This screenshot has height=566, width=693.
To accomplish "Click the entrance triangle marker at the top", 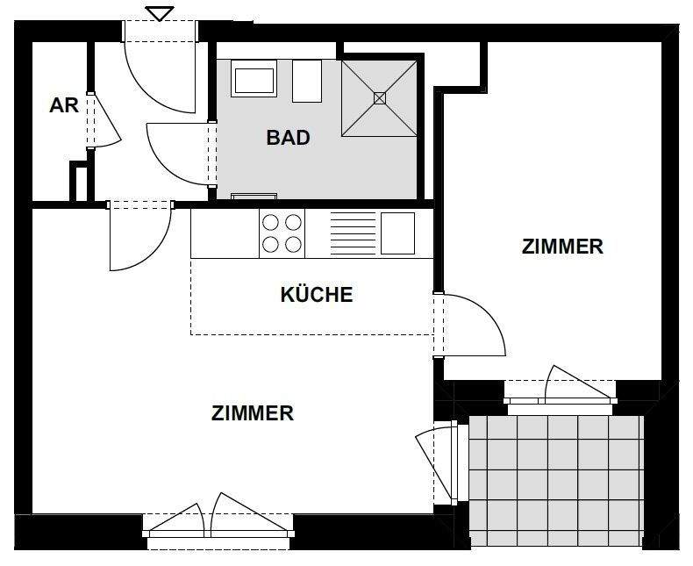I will click(159, 13).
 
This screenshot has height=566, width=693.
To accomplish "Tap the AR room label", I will click(64, 105).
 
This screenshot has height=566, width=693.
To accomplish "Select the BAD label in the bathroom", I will click(288, 138).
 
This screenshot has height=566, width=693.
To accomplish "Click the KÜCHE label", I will click(316, 294).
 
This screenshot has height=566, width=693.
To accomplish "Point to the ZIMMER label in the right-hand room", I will click(562, 247).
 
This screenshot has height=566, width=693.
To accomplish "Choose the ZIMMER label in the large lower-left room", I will click(253, 412).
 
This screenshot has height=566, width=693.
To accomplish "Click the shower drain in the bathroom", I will click(379, 97).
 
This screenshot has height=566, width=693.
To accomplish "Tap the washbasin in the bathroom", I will click(254, 80).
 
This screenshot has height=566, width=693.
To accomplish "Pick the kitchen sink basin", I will click(397, 233).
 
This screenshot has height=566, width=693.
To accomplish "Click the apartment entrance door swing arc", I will click(162, 79).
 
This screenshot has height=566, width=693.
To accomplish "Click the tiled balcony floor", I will click(556, 478).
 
